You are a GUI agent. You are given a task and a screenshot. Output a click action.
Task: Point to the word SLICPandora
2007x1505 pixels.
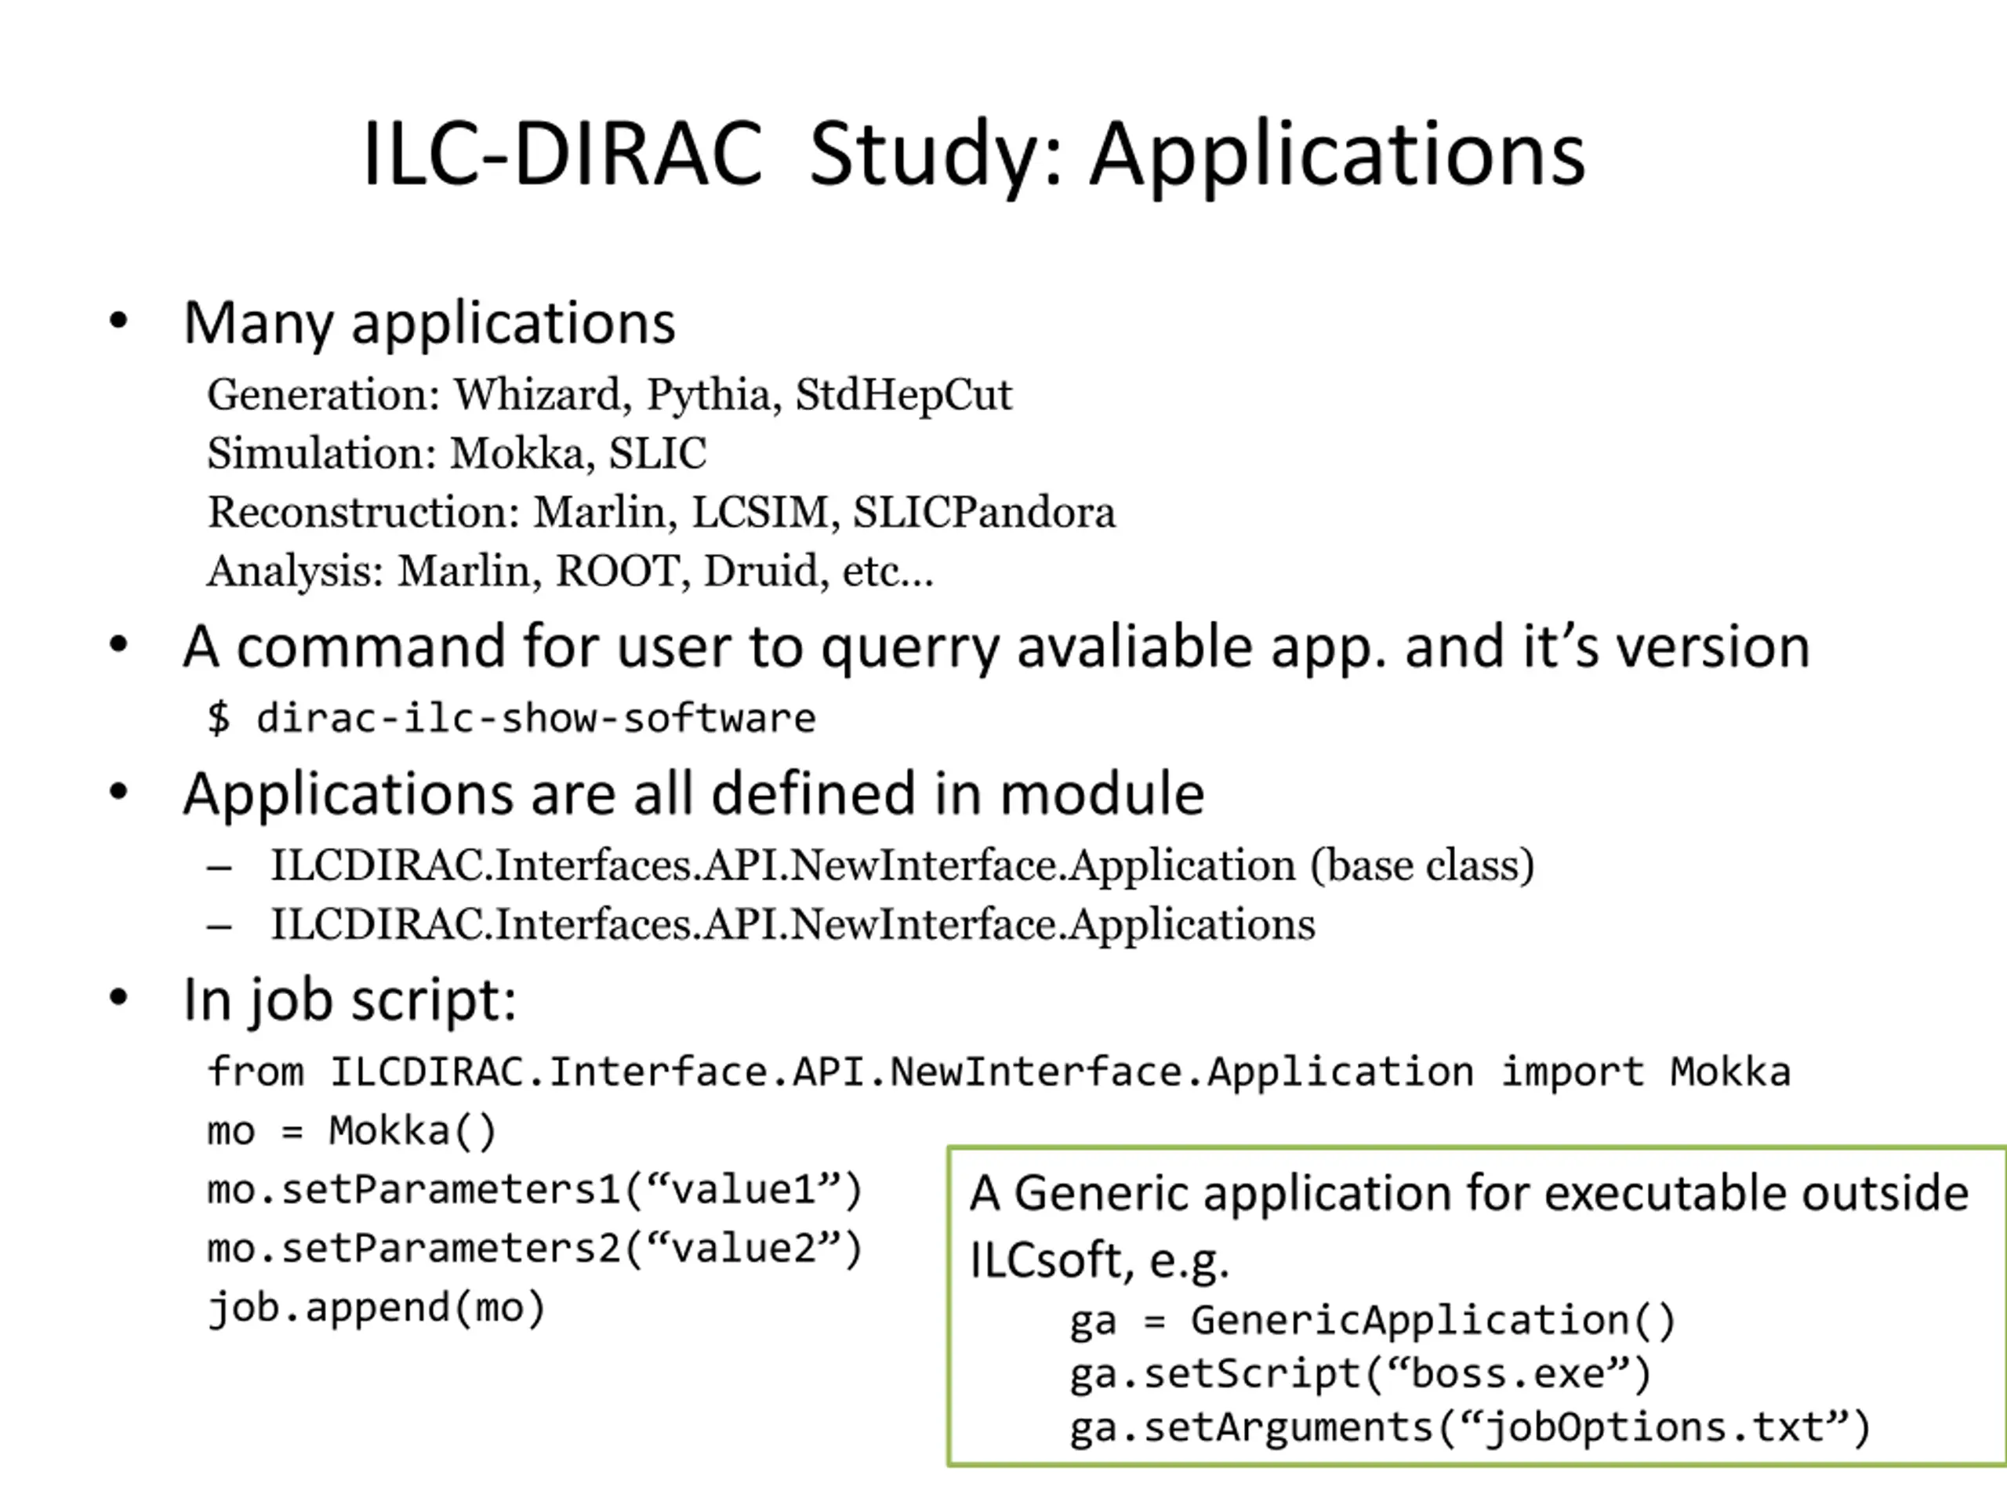984,512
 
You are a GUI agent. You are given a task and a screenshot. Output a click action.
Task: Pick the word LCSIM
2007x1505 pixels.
760,512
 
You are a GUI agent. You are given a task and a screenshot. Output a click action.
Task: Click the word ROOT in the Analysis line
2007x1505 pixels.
618,571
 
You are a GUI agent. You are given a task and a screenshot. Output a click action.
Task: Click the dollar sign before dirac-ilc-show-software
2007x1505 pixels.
219,719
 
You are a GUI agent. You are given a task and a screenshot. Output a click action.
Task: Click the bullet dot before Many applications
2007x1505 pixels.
118,321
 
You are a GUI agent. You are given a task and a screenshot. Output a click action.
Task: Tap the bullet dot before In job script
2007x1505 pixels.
118,998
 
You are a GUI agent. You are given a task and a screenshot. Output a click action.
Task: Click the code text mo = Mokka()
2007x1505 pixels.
352,1131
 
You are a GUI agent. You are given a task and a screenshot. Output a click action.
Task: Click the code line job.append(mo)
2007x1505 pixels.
376,1308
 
